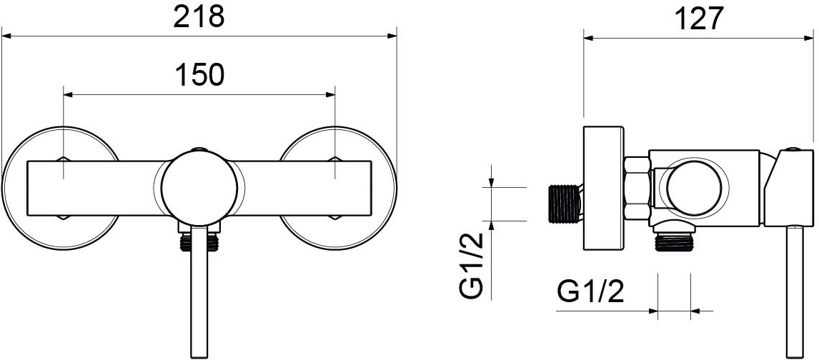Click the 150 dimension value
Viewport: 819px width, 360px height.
[199, 75]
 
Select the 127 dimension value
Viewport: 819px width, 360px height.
[699, 19]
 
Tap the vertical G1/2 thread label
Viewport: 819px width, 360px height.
[472, 266]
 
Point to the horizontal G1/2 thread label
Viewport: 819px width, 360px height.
[591, 291]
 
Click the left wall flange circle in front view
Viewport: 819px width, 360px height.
[61, 188]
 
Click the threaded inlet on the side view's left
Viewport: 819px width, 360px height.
[565, 203]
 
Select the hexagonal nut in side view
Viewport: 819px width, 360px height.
[637, 188]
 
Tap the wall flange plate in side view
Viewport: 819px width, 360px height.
[603, 188]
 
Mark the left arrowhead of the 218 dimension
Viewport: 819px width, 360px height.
[6, 36]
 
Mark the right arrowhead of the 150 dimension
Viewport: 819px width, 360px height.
[330, 95]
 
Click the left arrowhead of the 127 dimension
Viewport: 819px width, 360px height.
[589, 38]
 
